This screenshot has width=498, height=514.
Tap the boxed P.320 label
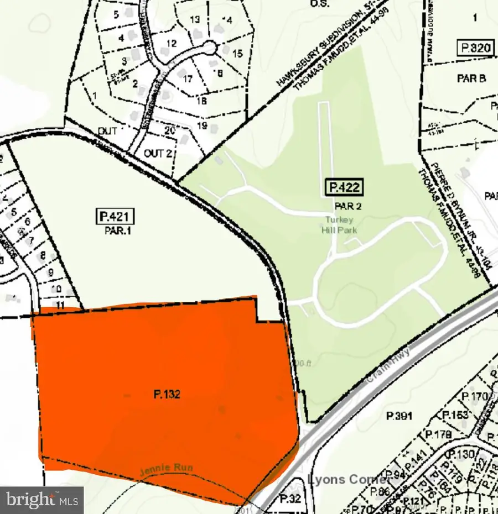pyautogui.click(x=474, y=48)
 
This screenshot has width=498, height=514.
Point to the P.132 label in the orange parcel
pyautogui.click(x=167, y=395)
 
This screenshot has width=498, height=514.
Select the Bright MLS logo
pyautogui.click(x=41, y=500)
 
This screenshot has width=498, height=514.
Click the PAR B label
pyautogui.click(x=471, y=78)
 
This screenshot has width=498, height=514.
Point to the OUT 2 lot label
pyautogui.click(x=157, y=153)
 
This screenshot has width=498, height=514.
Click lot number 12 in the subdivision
pyautogui.click(x=171, y=43)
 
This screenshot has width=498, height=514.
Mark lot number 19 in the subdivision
pyautogui.click(x=201, y=125)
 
